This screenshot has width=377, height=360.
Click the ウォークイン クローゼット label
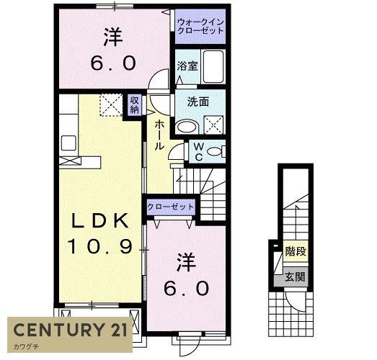(x=200, y=27)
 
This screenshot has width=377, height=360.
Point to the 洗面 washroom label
(x=198, y=102)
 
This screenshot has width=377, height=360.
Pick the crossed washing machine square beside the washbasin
(x=213, y=126)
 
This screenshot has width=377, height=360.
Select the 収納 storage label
(x=135, y=106)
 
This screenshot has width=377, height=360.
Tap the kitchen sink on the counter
(x=68, y=140)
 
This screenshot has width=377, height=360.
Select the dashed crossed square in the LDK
(x=110, y=107)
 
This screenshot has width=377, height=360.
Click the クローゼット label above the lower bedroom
(x=171, y=207)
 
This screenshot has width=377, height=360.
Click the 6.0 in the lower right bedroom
(x=187, y=288)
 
